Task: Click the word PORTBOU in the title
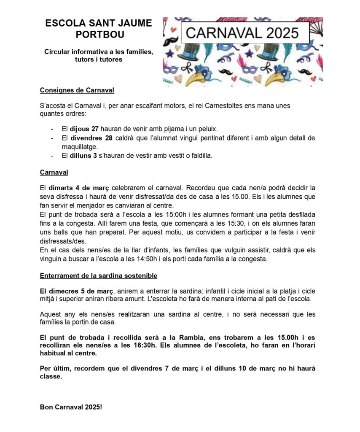(98, 34)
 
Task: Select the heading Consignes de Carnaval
(77, 90)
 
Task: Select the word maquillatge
(80, 147)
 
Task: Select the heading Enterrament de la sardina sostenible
(99, 276)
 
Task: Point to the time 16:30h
(140, 345)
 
